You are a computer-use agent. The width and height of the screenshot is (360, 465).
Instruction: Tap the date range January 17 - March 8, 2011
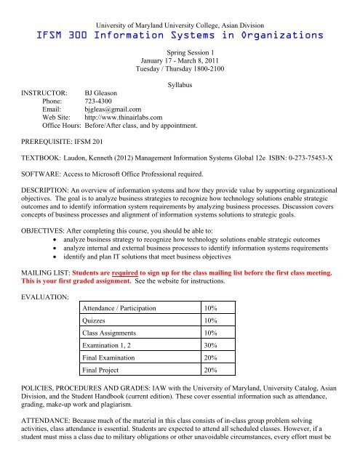(180, 62)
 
